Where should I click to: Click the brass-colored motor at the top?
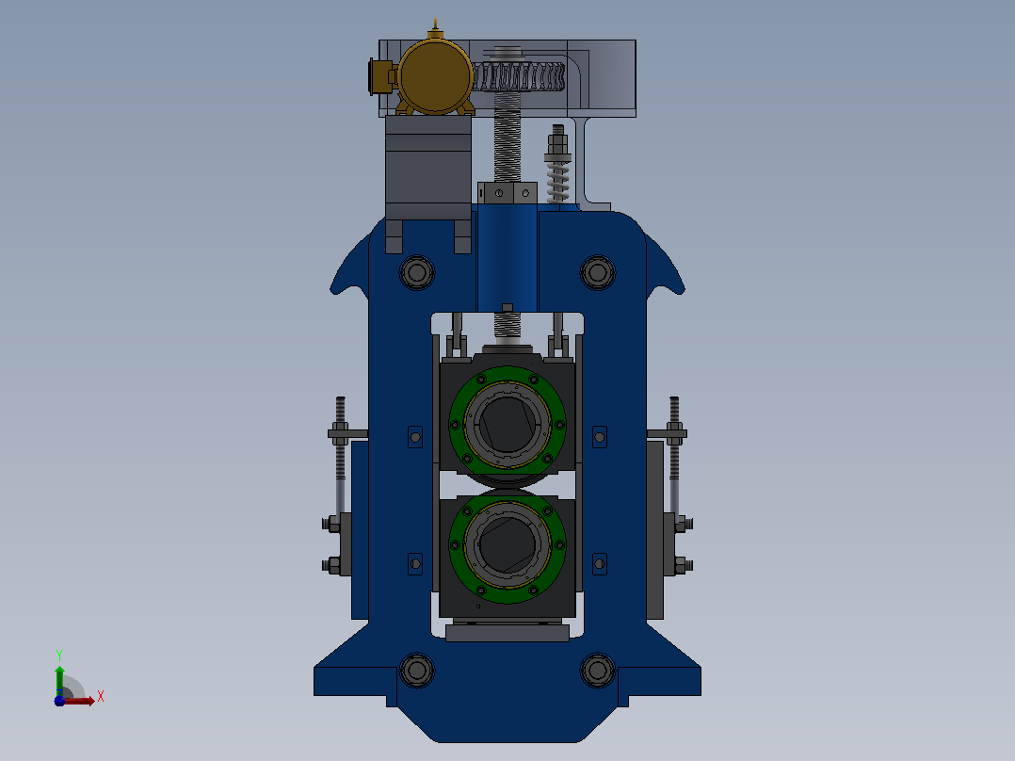click(434, 76)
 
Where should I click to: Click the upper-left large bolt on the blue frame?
click(417, 273)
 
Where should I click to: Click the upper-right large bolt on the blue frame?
click(598, 273)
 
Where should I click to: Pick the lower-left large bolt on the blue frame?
click(417, 671)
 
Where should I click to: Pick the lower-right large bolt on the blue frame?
click(598, 671)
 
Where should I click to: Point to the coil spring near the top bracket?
click(557, 181)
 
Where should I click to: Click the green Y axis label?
click(59, 656)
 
